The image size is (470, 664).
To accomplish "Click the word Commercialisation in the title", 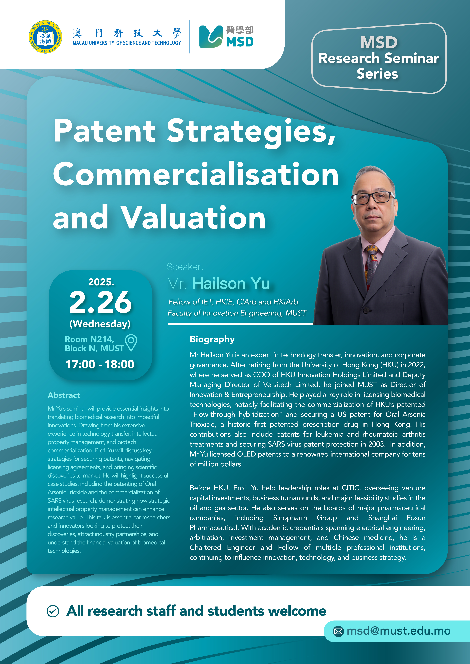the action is pyautogui.click(x=196, y=174).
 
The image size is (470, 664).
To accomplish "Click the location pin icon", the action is pyautogui.click(x=131, y=343).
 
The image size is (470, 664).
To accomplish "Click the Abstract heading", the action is pyautogui.click(x=64, y=395).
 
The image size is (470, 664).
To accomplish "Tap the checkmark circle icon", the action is pyautogui.click(x=53, y=611).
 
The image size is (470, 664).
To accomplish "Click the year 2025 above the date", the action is pyautogui.click(x=101, y=282).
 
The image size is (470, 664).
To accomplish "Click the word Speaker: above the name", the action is pyautogui.click(x=185, y=267).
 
